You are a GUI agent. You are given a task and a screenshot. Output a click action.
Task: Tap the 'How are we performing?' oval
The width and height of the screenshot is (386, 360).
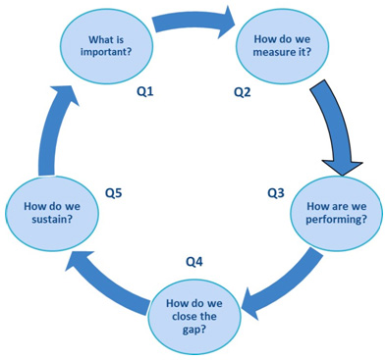pyautogui.click(x=337, y=214)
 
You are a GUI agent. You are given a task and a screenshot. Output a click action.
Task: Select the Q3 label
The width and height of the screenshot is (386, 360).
pyautogui.click(x=277, y=193)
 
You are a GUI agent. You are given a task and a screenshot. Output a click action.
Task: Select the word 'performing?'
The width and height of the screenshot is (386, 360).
pyautogui.click(x=338, y=221)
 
